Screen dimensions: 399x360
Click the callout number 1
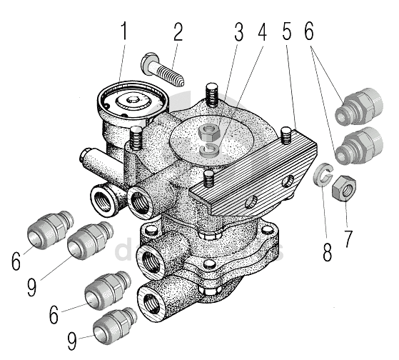(124, 31)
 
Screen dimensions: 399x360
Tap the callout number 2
(178, 31)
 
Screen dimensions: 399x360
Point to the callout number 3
(238, 31)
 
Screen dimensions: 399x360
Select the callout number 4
(262, 31)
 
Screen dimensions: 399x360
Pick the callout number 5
(287, 31)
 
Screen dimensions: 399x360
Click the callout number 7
(348, 239)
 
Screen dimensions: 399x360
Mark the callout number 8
(328, 251)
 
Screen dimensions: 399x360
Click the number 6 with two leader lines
(309, 31)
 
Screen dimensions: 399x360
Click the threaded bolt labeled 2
(162, 69)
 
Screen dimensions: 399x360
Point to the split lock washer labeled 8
(323, 174)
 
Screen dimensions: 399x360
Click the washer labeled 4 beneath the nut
(209, 150)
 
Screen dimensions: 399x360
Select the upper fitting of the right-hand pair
(359, 106)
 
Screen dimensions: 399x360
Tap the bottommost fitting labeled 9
(115, 326)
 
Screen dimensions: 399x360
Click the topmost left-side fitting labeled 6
(50, 230)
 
